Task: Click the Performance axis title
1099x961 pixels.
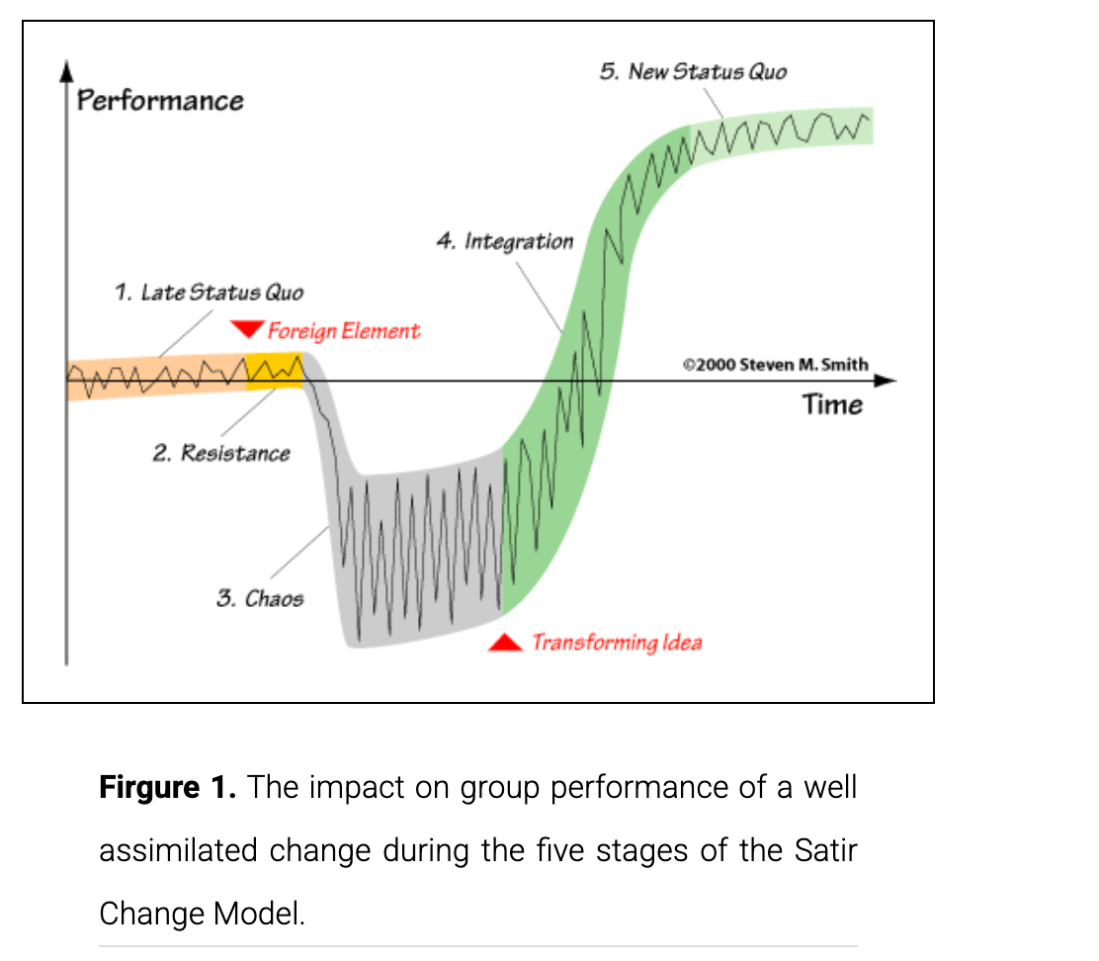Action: tap(160, 101)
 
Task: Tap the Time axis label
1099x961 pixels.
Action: tap(832, 405)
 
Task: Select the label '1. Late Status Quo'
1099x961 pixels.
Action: tap(209, 292)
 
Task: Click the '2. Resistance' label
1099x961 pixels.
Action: tap(221, 453)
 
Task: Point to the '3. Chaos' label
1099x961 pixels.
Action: tap(260, 598)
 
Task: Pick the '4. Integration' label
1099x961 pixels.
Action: tap(505, 242)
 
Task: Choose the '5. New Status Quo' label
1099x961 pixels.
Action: tap(693, 71)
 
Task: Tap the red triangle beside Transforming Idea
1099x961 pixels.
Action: tap(505, 642)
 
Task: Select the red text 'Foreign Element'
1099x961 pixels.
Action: tap(344, 331)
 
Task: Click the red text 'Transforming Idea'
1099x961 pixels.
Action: tap(617, 643)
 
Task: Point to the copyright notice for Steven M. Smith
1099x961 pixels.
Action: tap(775, 365)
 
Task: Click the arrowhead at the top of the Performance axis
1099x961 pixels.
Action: tap(66, 70)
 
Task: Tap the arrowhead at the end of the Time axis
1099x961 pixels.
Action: tap(886, 381)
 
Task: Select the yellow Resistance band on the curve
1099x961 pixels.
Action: tap(275, 372)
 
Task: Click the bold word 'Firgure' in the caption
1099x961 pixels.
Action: tap(149, 788)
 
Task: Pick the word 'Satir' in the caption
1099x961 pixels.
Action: tap(825, 850)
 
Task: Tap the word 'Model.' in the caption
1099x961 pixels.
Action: tap(259, 914)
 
